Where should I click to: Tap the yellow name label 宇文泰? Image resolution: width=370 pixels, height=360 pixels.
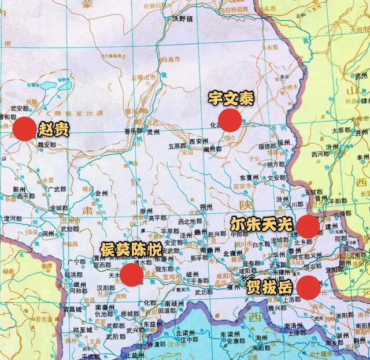click(231, 99)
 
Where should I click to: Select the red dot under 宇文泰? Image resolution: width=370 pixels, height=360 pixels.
click(230, 120)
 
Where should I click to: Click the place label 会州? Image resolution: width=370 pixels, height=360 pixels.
click(102, 193)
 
